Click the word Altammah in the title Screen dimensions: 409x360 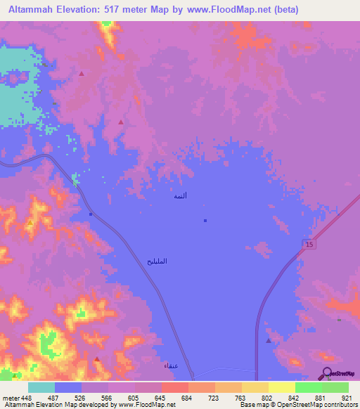tap(31, 10)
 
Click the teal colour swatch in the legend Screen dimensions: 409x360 tap(41, 387)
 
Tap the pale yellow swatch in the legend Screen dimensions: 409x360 tap(281, 387)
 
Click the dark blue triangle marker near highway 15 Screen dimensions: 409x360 tap(269, 340)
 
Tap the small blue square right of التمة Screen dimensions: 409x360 tap(205, 221)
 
